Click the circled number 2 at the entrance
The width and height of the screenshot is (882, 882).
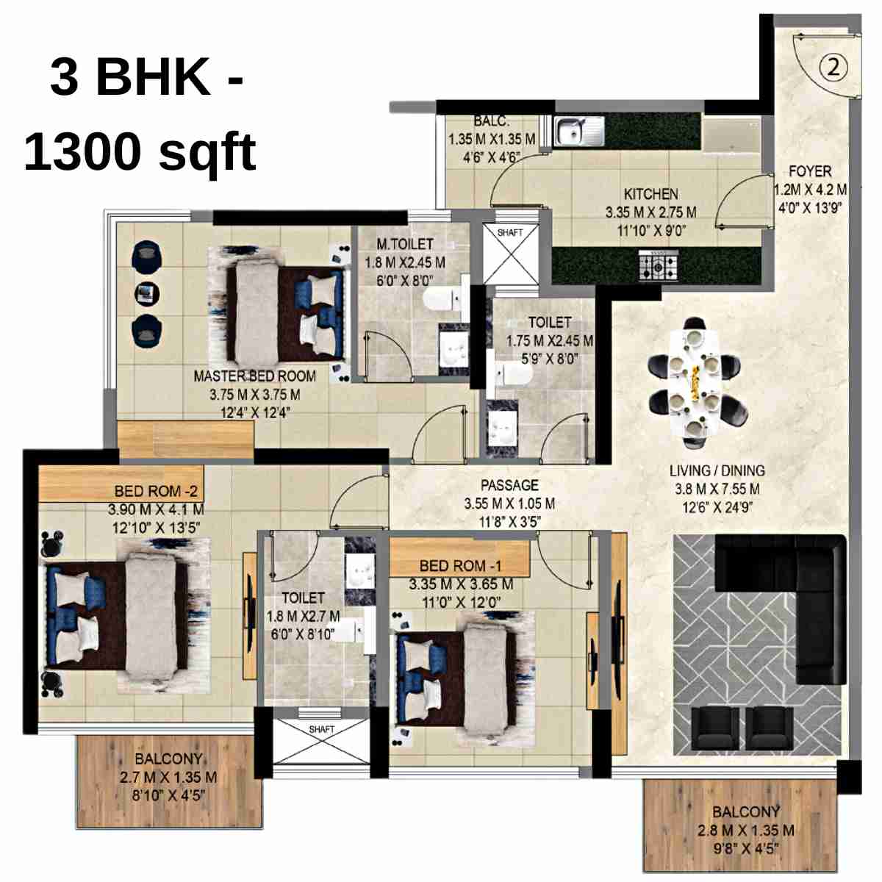click(x=833, y=68)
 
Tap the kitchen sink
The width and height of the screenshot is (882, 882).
click(x=579, y=132)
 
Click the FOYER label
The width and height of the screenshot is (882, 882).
click(x=810, y=171)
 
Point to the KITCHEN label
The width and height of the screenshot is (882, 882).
click(x=650, y=194)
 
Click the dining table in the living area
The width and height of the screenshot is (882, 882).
click(x=695, y=383)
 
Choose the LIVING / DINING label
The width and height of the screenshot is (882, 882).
click(x=717, y=470)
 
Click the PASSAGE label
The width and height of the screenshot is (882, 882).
click(x=509, y=485)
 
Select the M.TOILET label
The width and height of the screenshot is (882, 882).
click(x=405, y=244)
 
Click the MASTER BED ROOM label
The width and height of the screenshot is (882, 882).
click(x=254, y=376)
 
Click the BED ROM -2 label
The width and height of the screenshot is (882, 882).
click(x=156, y=491)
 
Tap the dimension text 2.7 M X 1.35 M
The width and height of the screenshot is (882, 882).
click(x=168, y=777)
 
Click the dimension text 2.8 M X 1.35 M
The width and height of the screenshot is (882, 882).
click(x=745, y=831)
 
